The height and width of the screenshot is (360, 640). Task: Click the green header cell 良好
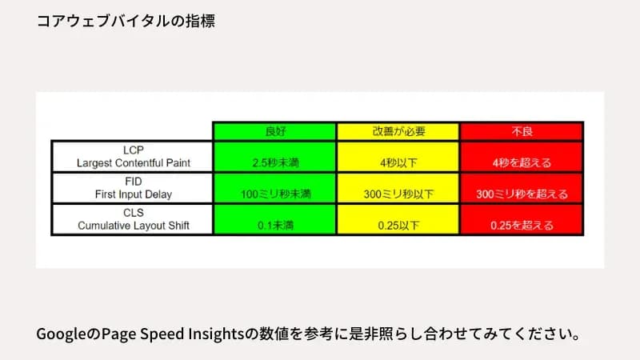[x=274, y=130]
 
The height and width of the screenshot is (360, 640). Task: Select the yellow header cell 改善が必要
[x=398, y=130]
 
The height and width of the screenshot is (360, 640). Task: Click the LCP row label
[x=133, y=149]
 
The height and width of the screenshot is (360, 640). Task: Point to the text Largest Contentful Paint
[x=133, y=162]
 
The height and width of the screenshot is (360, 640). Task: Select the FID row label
[x=133, y=181]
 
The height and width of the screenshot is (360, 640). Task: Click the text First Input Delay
[x=133, y=194]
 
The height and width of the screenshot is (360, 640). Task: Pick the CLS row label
[x=133, y=212]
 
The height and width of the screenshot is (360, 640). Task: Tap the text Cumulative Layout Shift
[x=133, y=226]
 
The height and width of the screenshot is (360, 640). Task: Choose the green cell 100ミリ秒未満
[x=274, y=194]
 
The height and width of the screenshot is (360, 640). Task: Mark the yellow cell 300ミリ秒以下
[x=398, y=194]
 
